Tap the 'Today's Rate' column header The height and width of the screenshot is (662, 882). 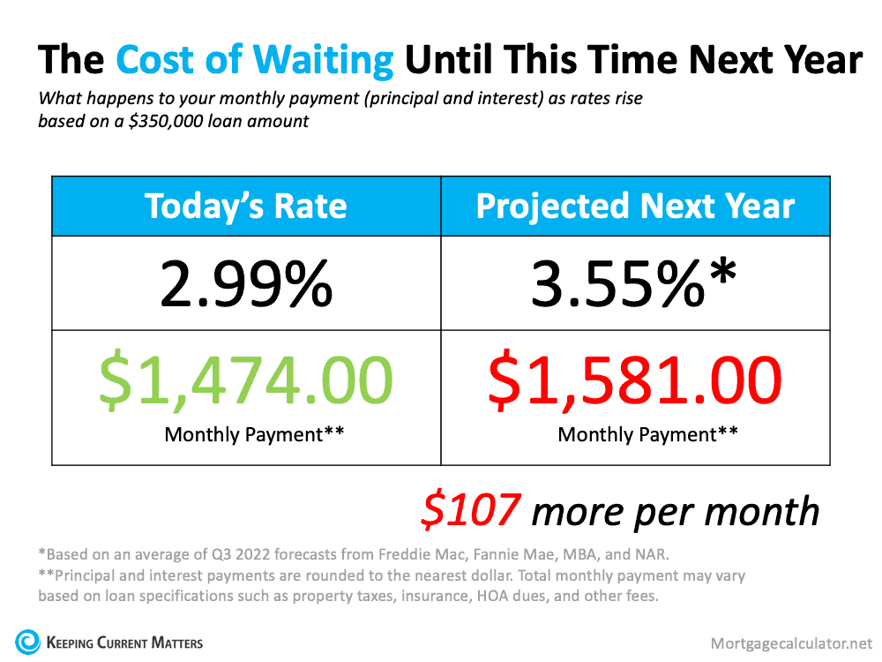tap(245, 207)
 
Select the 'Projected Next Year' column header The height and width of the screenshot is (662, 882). tap(635, 207)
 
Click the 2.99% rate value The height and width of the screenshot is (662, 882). tap(245, 283)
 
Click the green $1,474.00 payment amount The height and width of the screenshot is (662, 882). tap(245, 380)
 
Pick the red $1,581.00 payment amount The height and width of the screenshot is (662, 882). tap(635, 380)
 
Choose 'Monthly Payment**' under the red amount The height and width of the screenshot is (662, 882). tap(635, 434)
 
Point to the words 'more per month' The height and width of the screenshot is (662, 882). tap(676, 512)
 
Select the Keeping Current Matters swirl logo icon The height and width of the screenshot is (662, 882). tap(27, 641)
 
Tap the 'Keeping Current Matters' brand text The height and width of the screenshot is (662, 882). tap(123, 642)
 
